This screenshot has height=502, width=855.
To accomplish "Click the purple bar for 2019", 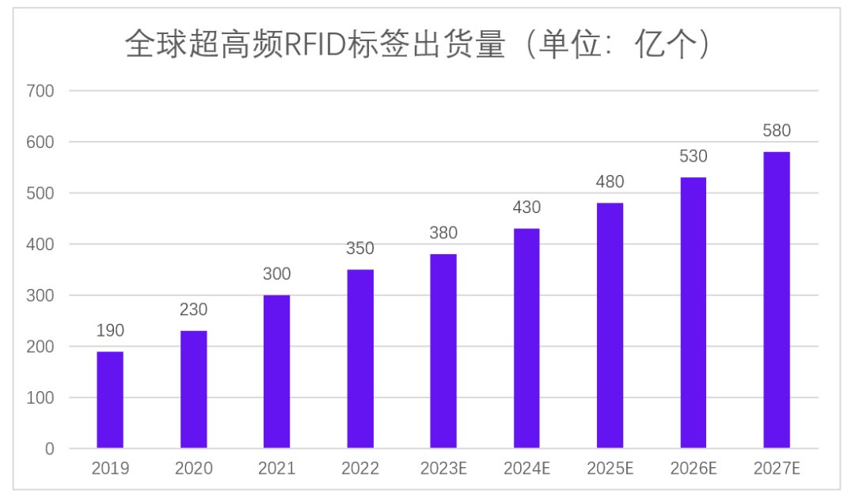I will pyautogui.click(x=110, y=400).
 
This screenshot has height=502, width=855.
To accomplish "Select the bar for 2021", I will pyautogui.click(x=277, y=371).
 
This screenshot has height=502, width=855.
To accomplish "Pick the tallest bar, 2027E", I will pyautogui.click(x=777, y=300).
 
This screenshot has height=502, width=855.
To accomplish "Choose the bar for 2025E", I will pyautogui.click(x=610, y=325).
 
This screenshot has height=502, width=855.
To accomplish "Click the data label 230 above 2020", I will pyautogui.click(x=194, y=310).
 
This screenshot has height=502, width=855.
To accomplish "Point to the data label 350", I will pyautogui.click(x=360, y=249).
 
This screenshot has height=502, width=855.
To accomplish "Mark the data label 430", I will pyautogui.click(x=526, y=207).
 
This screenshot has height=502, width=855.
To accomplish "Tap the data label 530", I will pyautogui.click(x=693, y=156).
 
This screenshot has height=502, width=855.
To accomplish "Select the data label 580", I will pyautogui.click(x=777, y=131).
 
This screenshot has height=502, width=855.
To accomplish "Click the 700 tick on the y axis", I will pyautogui.click(x=40, y=91).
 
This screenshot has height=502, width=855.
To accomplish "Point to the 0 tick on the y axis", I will pyautogui.click(x=49, y=449).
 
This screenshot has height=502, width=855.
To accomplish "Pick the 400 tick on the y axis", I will pyautogui.click(x=40, y=245).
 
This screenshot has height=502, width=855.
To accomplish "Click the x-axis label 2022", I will pyautogui.click(x=360, y=469).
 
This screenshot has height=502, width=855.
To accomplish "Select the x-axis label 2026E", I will pyautogui.click(x=693, y=469).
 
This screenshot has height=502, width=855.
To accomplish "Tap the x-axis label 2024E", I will pyautogui.click(x=526, y=469).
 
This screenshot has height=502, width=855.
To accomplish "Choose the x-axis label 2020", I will pyautogui.click(x=194, y=469).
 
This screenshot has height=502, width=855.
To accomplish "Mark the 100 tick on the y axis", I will pyautogui.click(x=40, y=397).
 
